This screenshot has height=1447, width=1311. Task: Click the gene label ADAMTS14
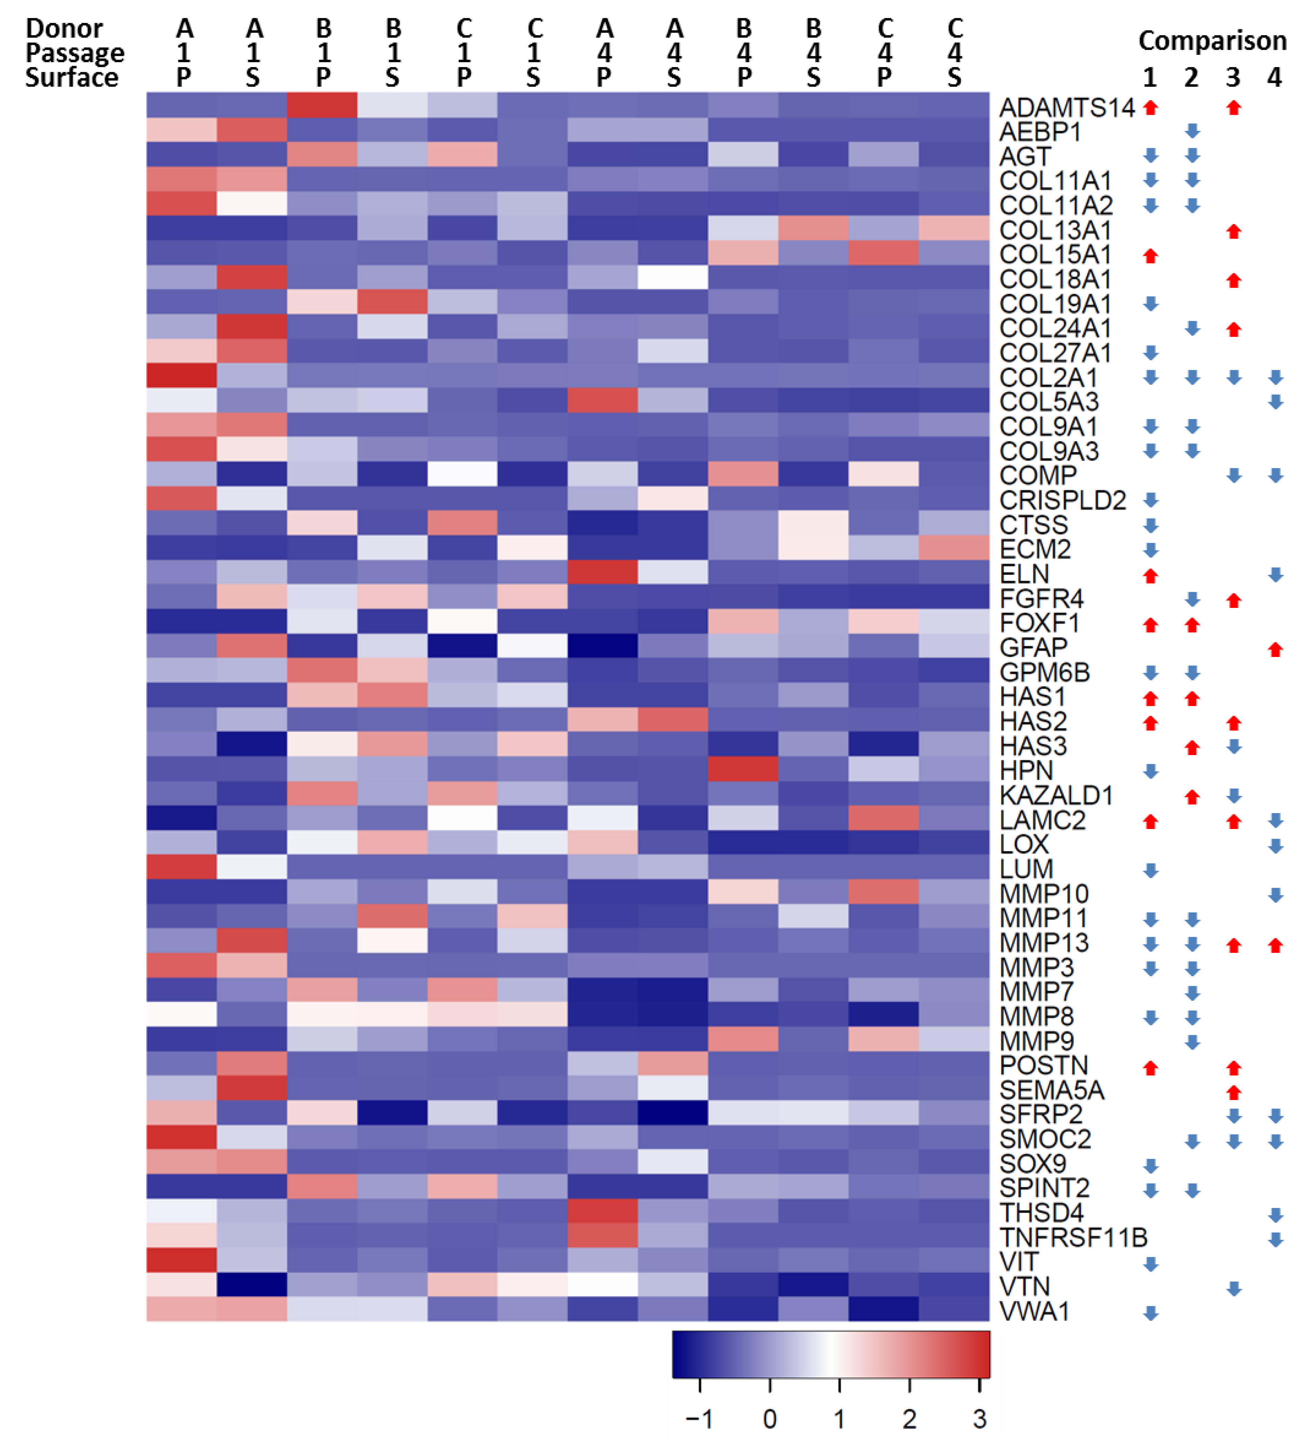point(1066,108)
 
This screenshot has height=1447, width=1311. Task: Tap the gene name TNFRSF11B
point(1073,1237)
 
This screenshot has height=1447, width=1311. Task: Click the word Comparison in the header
point(1212,41)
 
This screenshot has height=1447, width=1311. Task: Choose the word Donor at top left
point(65,29)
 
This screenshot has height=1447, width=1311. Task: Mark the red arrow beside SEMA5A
point(1234,1092)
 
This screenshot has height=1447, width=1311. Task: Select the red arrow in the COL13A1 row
point(1234,231)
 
